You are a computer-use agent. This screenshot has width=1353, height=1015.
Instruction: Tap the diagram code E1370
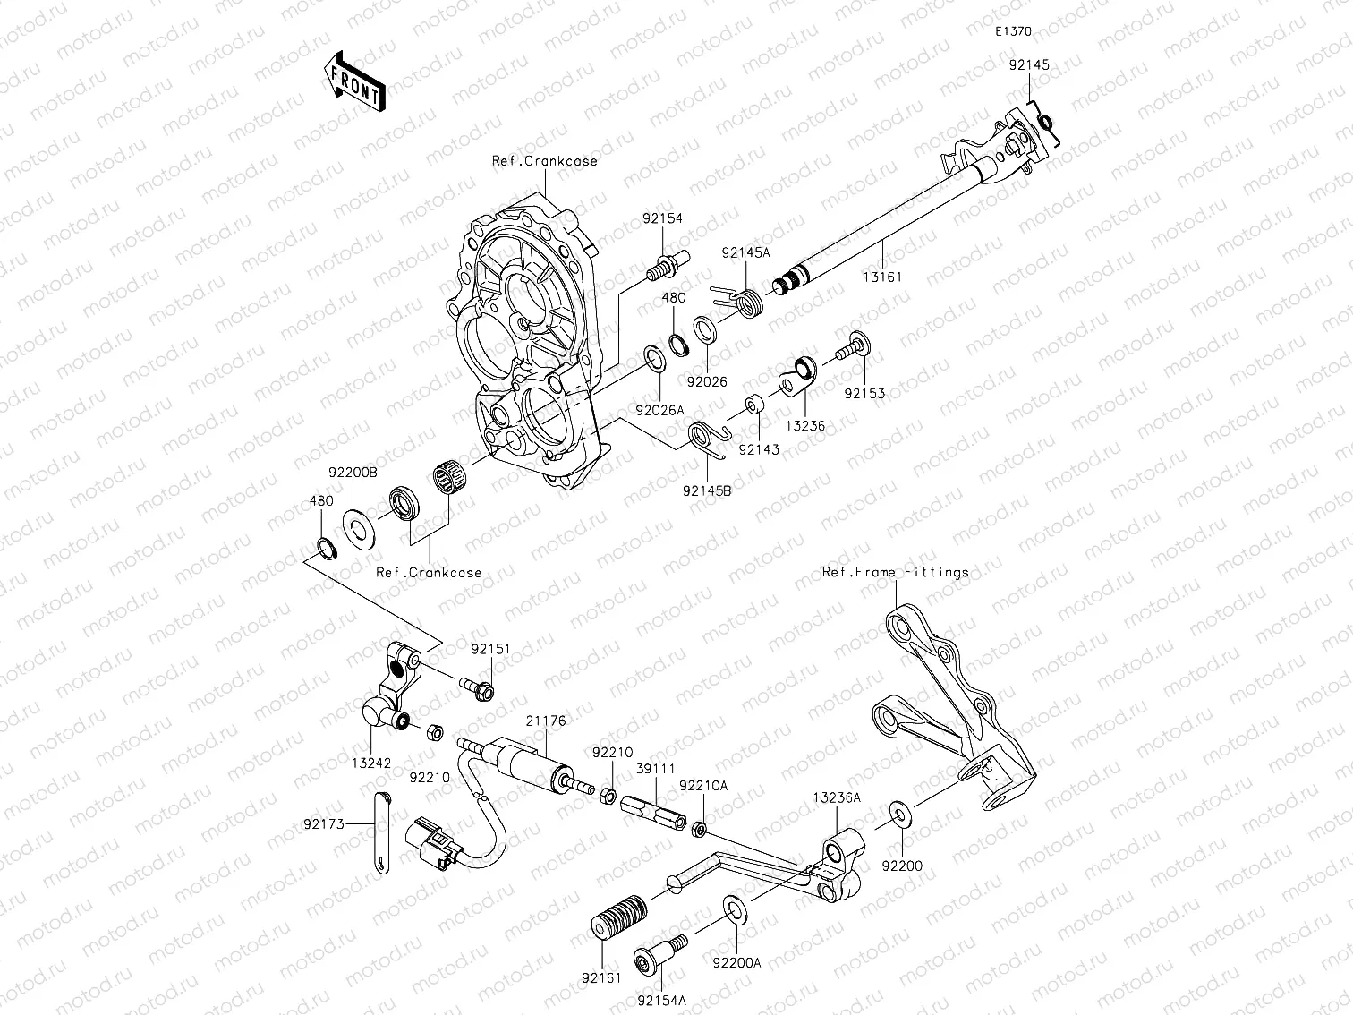click(x=1014, y=31)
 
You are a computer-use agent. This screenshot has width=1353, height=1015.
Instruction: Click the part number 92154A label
click(x=662, y=1000)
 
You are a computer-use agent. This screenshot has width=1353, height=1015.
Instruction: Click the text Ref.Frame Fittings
click(x=895, y=572)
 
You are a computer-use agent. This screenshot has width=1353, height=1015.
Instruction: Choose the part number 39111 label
click(x=656, y=769)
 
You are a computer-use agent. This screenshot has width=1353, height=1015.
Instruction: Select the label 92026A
click(x=660, y=410)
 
